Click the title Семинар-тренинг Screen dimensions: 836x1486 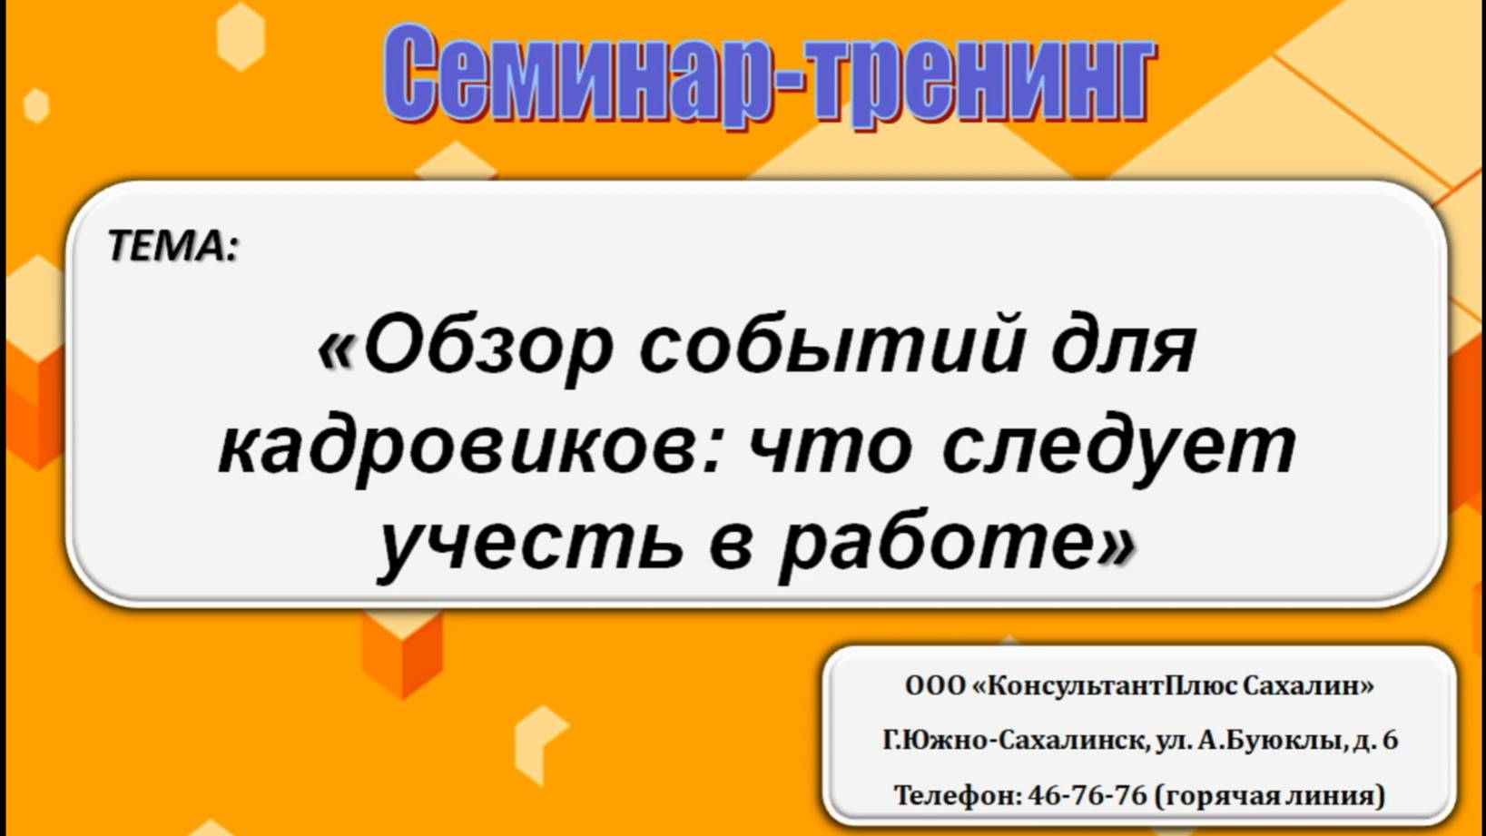[768, 74]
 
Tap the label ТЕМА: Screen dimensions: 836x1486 [172, 246]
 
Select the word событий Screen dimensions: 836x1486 [832, 346]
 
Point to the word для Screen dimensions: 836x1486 [1124, 346]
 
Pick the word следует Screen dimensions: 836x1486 [1118, 448]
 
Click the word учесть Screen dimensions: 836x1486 [530, 543]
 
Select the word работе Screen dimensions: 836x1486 [938, 543]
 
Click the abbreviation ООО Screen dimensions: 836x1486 [935, 686]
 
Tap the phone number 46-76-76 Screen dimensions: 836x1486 [1087, 796]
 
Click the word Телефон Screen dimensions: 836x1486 [956, 796]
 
